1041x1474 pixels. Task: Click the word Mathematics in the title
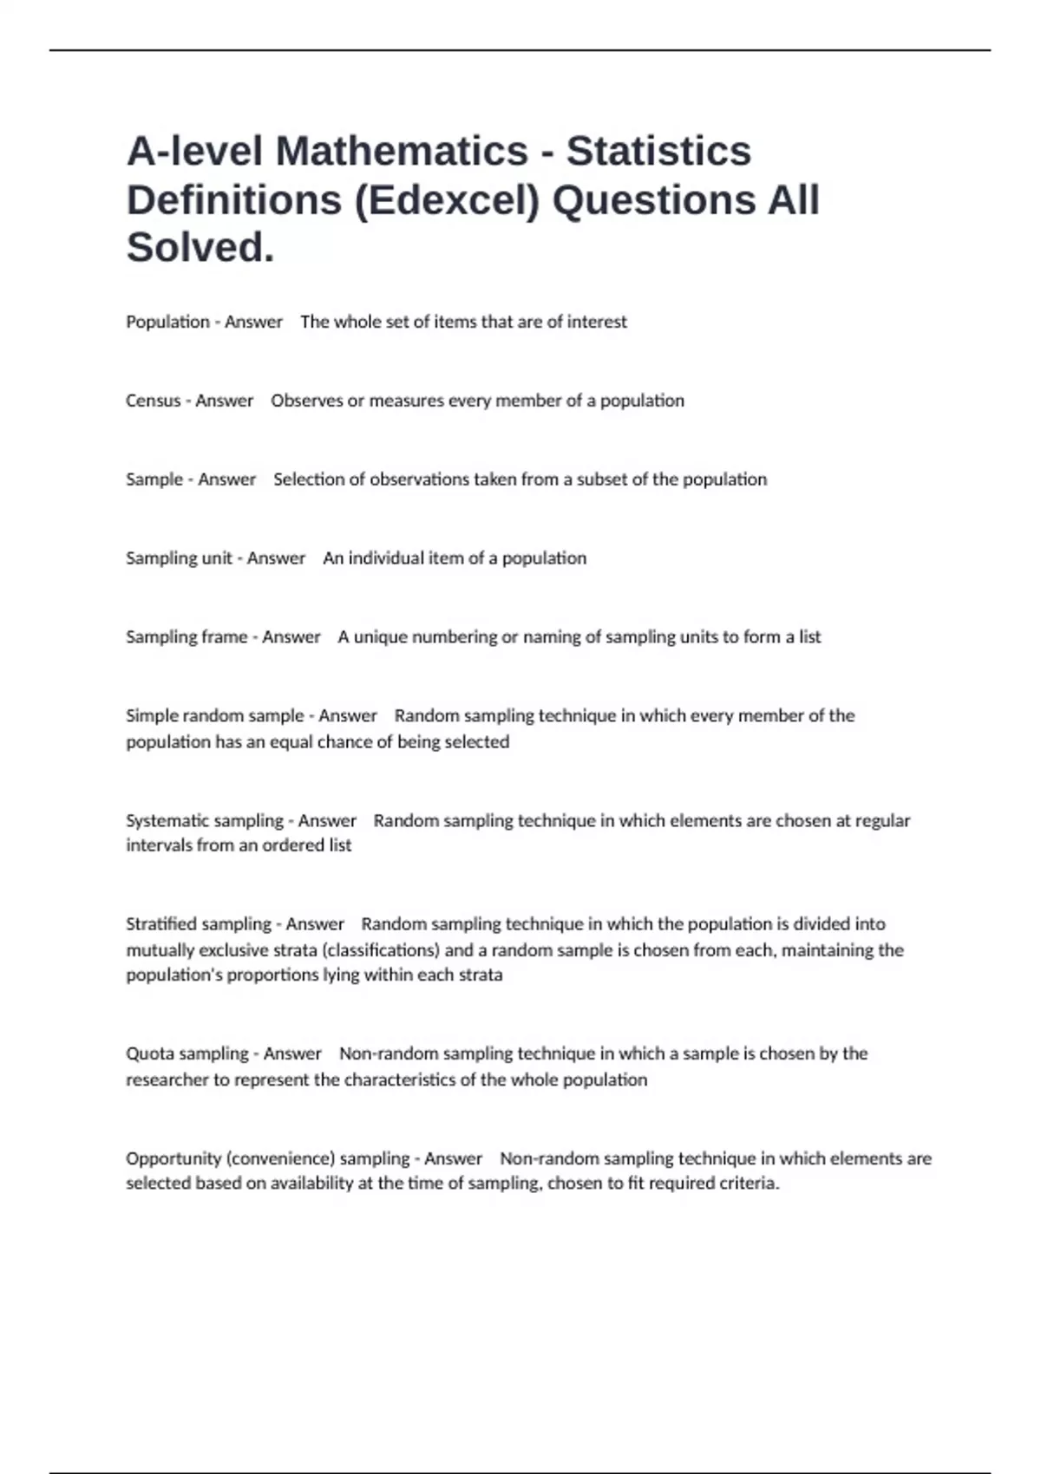pos(402,151)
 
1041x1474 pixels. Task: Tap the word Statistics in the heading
pos(658,151)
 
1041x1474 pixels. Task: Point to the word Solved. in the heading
pos(200,247)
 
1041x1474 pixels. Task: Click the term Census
pos(153,401)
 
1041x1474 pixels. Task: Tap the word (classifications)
pos(381,949)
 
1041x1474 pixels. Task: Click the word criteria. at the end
pos(750,1184)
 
